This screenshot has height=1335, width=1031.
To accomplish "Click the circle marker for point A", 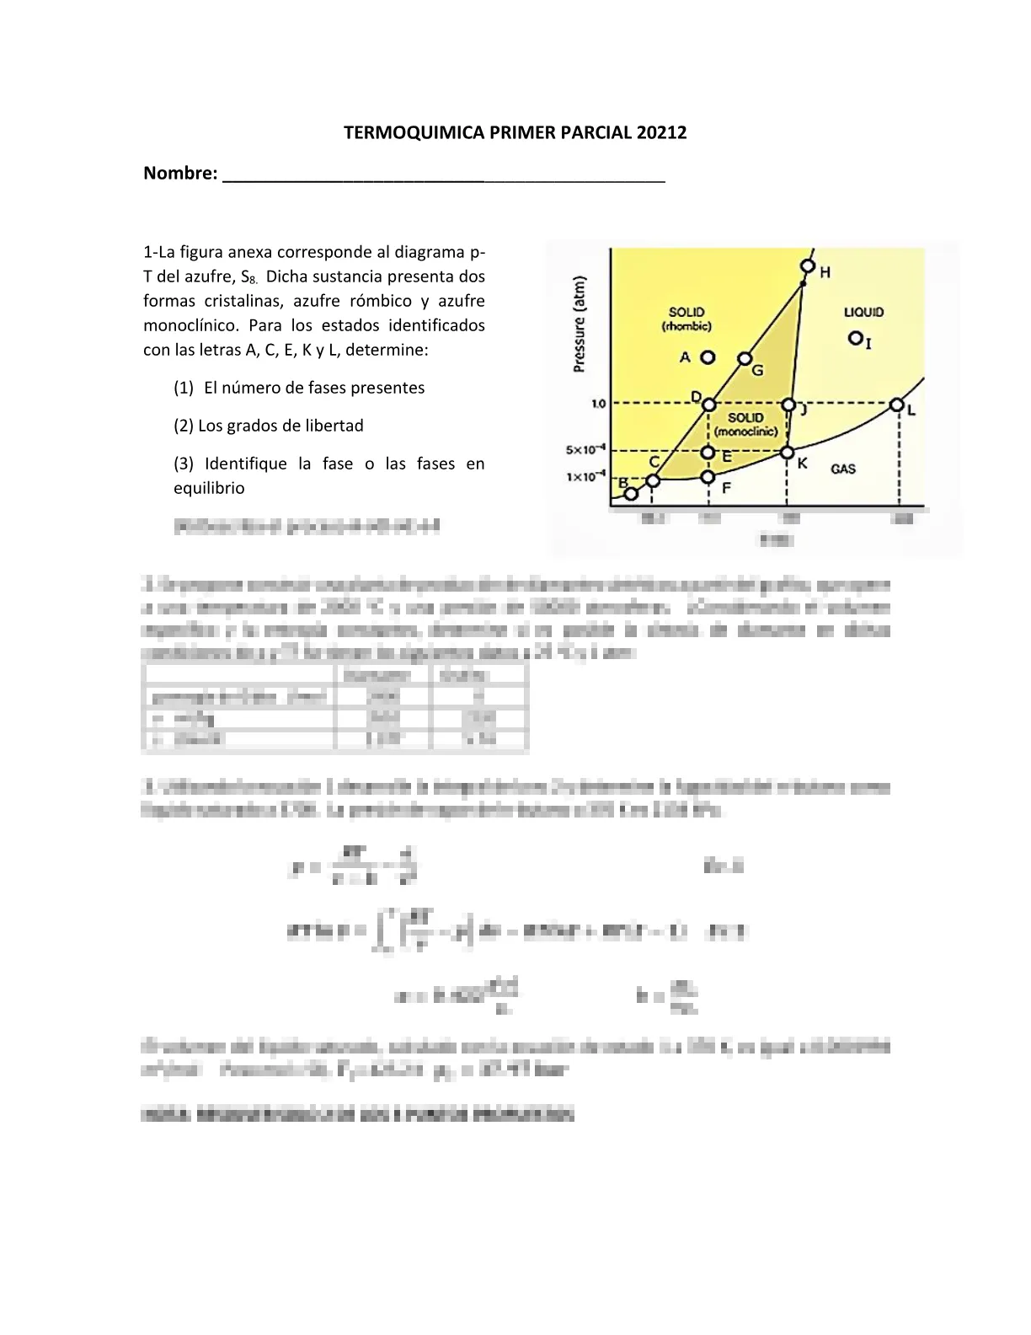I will coord(708,357).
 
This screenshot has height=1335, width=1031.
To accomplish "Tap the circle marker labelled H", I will coord(808,267).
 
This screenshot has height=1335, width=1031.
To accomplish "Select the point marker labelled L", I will coord(897,405).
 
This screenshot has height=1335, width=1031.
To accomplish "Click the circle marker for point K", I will coord(787,453).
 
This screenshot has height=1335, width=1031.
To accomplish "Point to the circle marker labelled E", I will coord(708,453).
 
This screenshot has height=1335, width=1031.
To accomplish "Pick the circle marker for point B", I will coord(631,494).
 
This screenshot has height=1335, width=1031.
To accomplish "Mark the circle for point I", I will coord(855,338).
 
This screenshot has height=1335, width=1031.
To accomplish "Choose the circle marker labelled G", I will coord(745,359).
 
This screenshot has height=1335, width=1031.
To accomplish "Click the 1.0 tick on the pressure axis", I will coord(598,405).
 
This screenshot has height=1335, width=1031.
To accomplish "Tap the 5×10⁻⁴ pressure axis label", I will coord(585,450).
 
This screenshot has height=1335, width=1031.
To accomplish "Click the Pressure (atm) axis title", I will coord(579,324).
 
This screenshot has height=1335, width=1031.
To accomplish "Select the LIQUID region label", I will coord(863,312).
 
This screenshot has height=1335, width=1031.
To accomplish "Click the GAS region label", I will coord(843,469).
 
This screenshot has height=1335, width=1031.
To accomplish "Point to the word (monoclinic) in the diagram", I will coord(745,432).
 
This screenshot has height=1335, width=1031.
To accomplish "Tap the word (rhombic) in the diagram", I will coord(686,326).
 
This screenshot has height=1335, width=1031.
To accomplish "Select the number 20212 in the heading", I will coord(661,132).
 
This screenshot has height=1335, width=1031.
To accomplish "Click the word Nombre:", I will coord(180,173).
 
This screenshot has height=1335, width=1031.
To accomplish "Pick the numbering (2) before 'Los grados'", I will coord(184,426).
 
